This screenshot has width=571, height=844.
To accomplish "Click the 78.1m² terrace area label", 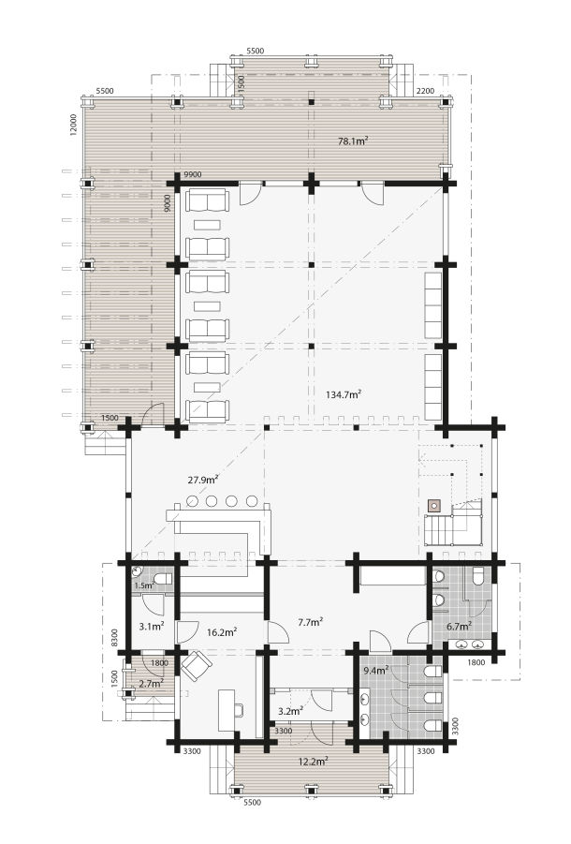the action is point(353,141).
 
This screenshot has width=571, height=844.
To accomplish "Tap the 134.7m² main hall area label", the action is point(343,394).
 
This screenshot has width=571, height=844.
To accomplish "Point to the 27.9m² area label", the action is point(203,480).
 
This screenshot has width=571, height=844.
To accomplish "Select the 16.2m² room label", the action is point(222,632).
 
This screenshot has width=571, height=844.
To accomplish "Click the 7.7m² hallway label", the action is point(310,622).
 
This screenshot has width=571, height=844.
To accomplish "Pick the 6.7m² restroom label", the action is point(460,626).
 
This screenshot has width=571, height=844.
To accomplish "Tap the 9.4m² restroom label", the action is point(375,671).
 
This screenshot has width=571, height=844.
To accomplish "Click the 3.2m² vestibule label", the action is point(290,711).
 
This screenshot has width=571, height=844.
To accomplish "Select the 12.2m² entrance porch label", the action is point(314,762).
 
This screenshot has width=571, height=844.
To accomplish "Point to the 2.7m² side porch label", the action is point(151,684).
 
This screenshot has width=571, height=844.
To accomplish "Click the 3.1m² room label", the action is point(151,627).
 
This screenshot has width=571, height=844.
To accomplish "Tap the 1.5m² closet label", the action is point(144,585).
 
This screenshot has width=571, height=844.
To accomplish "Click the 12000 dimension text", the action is point(74,125).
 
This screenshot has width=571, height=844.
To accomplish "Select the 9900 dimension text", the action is point(193,174).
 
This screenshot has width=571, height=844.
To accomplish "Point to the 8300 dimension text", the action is point(113,639).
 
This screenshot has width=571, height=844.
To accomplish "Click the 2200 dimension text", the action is point(425,91).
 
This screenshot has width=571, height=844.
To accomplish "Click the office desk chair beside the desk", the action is point(238,710).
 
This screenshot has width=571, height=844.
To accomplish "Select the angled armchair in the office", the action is point(197,666).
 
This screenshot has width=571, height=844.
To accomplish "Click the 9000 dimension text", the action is point(168,203).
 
